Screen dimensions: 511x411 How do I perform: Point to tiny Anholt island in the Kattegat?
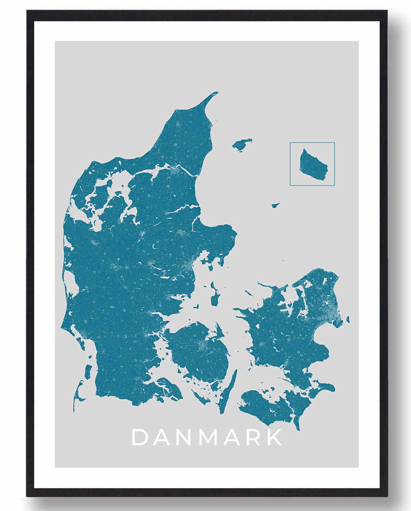pyautogui.click(x=276, y=205)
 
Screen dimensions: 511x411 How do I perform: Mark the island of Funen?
pyautogui.click(x=199, y=351)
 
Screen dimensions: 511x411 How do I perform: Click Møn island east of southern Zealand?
pyautogui.click(x=324, y=386)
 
